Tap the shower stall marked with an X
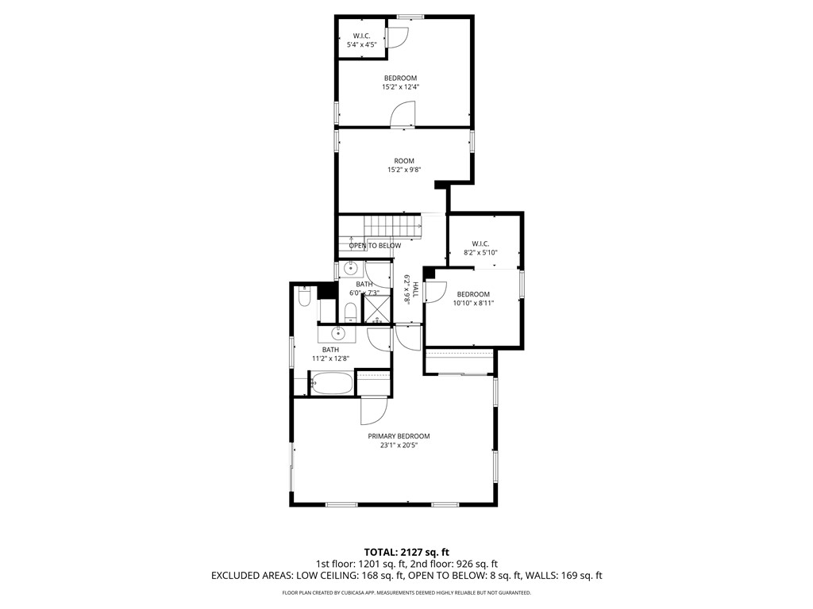(x=377, y=309)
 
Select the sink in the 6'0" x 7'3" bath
(x=349, y=270)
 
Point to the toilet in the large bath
(x=303, y=298)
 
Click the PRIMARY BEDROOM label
(x=399, y=436)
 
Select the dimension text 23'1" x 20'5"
(x=399, y=446)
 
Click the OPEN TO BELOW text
(x=375, y=246)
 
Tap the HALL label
(x=415, y=289)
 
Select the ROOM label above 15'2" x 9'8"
(x=404, y=161)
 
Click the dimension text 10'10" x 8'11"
(x=473, y=303)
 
